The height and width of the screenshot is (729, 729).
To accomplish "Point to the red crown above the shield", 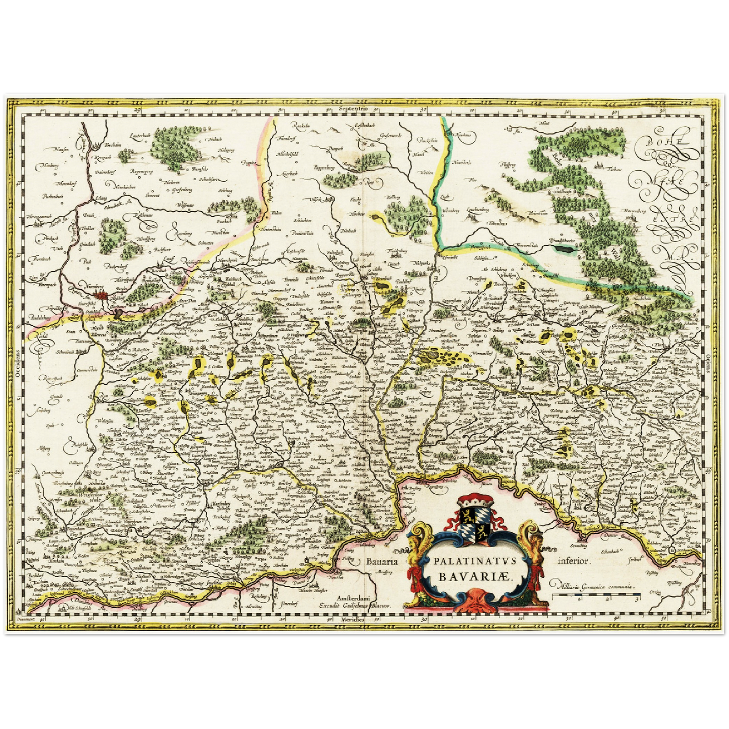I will (x=475, y=501).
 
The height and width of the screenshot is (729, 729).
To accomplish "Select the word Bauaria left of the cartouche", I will (x=383, y=561).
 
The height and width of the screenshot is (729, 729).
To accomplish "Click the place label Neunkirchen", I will (x=126, y=188).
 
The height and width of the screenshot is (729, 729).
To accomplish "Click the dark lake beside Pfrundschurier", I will (x=564, y=248).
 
